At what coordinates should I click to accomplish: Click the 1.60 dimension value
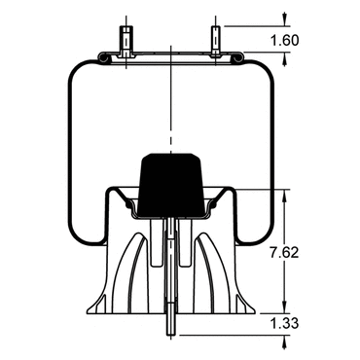click(284, 41)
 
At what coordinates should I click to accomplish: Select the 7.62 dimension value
click(284, 253)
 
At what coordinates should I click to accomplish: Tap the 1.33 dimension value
click(284, 323)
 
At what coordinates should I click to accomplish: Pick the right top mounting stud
click(216, 41)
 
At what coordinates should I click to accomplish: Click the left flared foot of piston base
click(96, 305)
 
